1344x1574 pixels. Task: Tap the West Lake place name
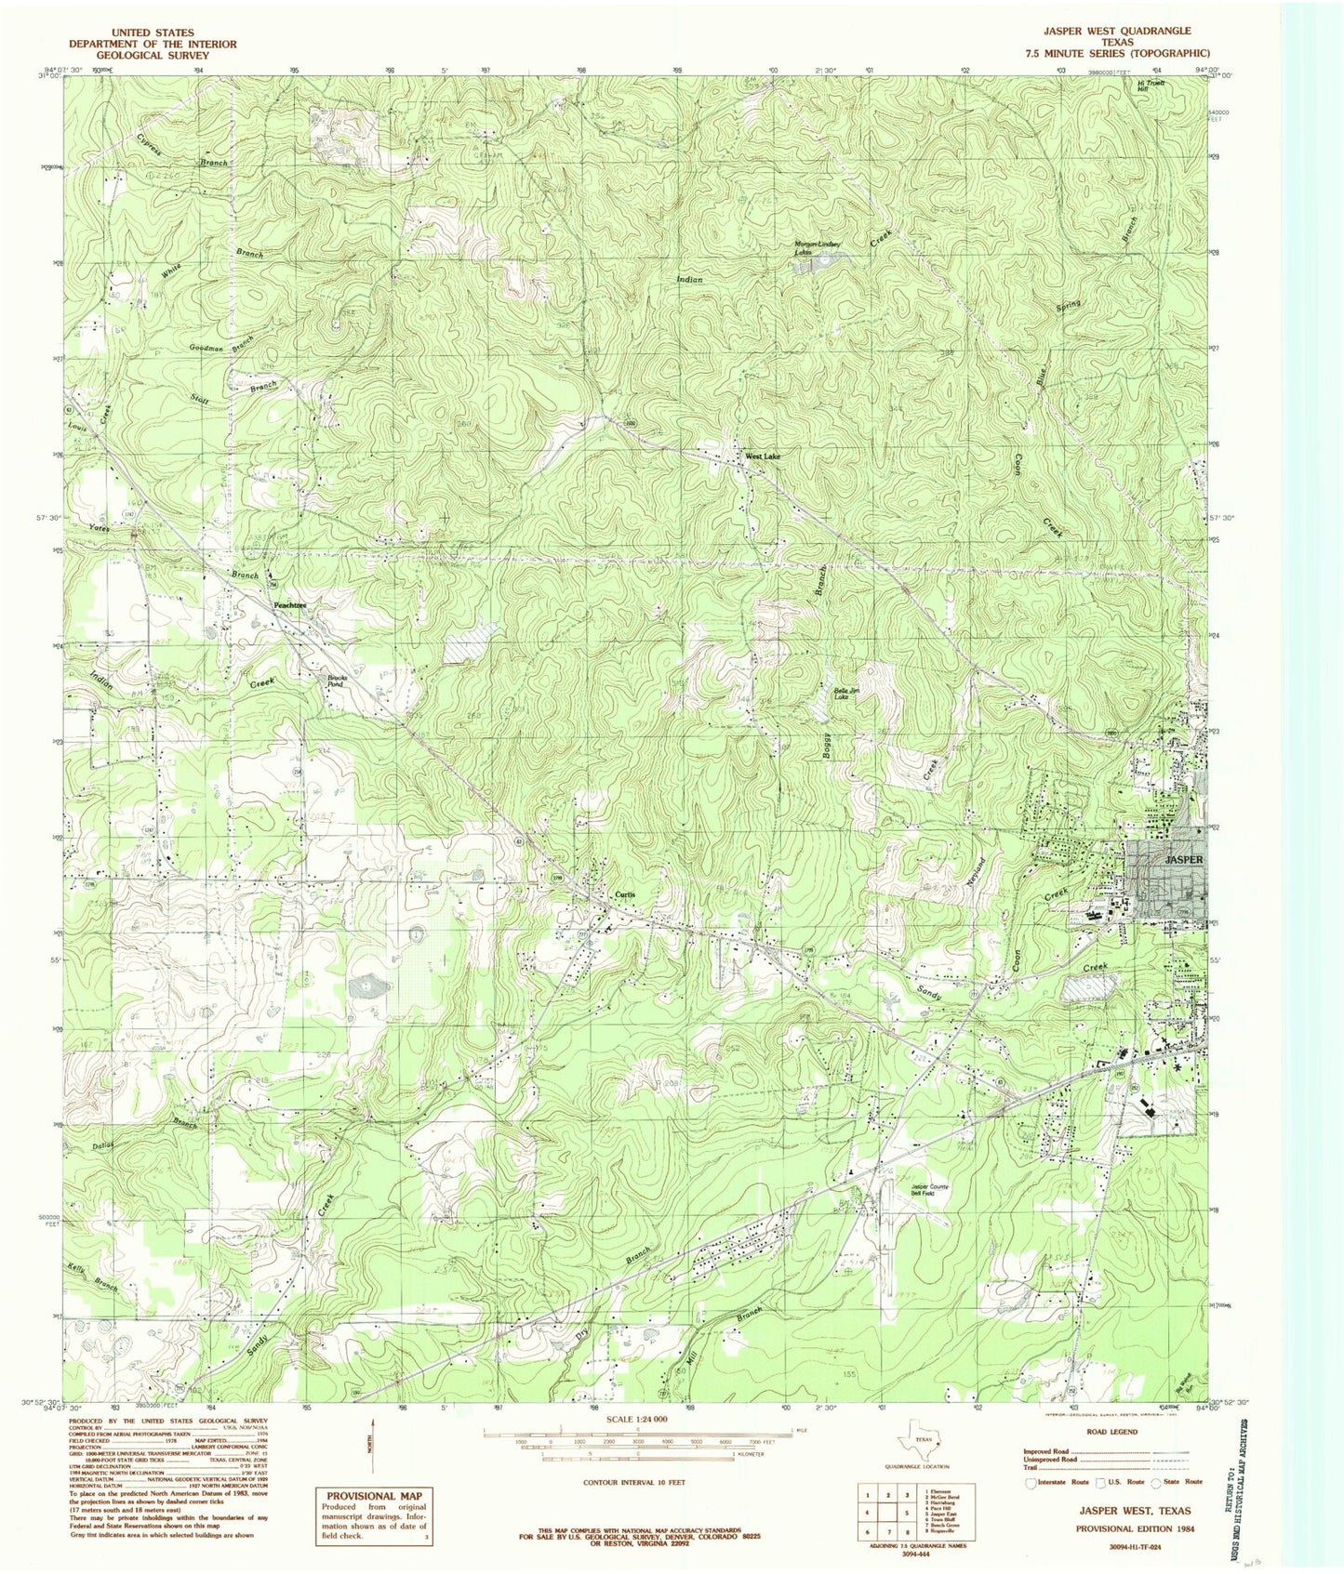762,457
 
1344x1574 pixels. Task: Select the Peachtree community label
289,605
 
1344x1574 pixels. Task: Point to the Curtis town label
625,894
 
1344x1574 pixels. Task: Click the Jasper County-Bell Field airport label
929,1189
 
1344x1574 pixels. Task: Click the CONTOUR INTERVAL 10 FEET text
634,1482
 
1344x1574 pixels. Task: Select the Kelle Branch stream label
93,1278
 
